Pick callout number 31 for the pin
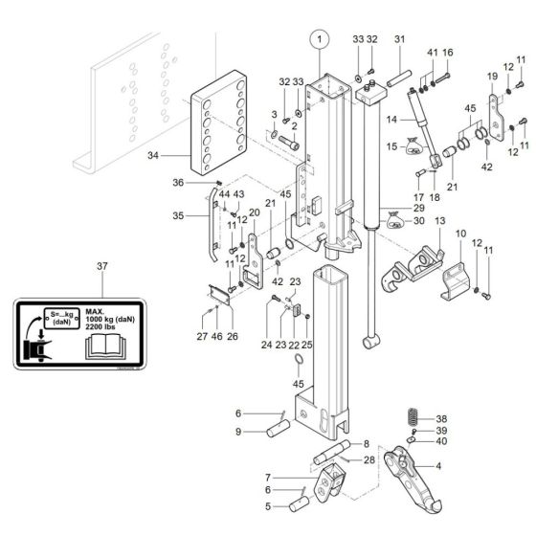coord(399,39)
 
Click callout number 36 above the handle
coord(178,182)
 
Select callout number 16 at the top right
coord(446,52)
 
